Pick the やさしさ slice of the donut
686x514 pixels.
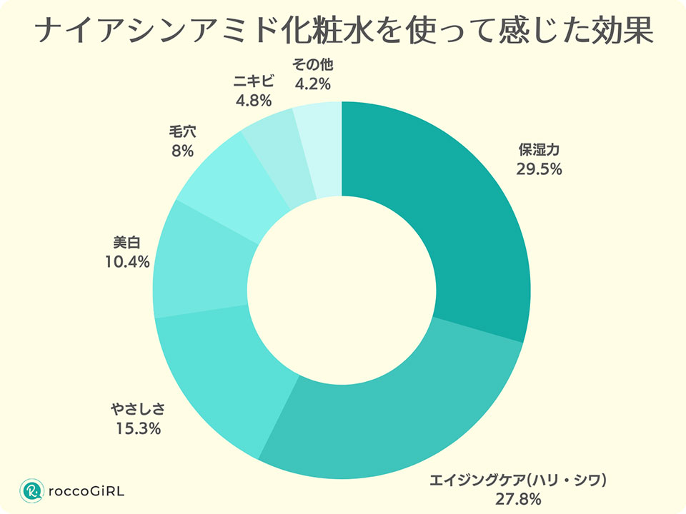point(222,378)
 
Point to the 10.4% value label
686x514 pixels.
point(126,262)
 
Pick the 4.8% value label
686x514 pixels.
point(254,101)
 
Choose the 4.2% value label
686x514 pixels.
point(312,84)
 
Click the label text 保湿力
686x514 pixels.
point(538,151)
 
